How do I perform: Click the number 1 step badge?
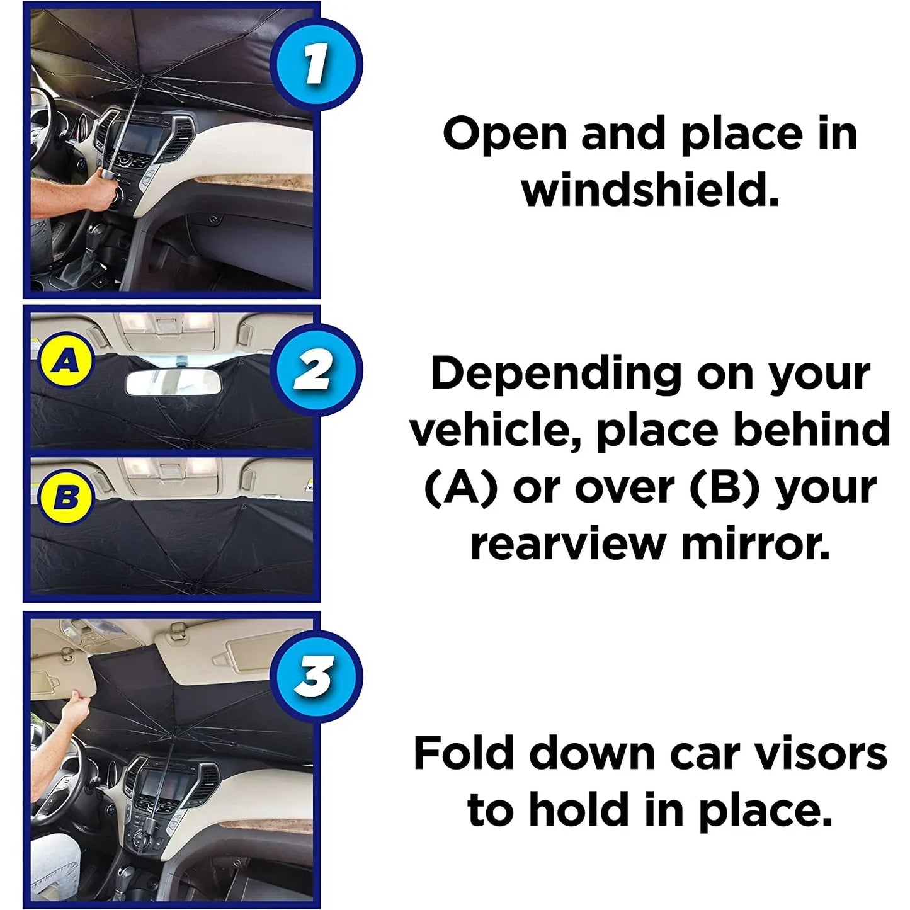pos(316,65)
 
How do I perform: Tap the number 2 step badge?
pos(316,370)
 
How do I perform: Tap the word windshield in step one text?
pos(649,191)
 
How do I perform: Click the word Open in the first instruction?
pos(504,134)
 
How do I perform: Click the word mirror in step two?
pos(756,544)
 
